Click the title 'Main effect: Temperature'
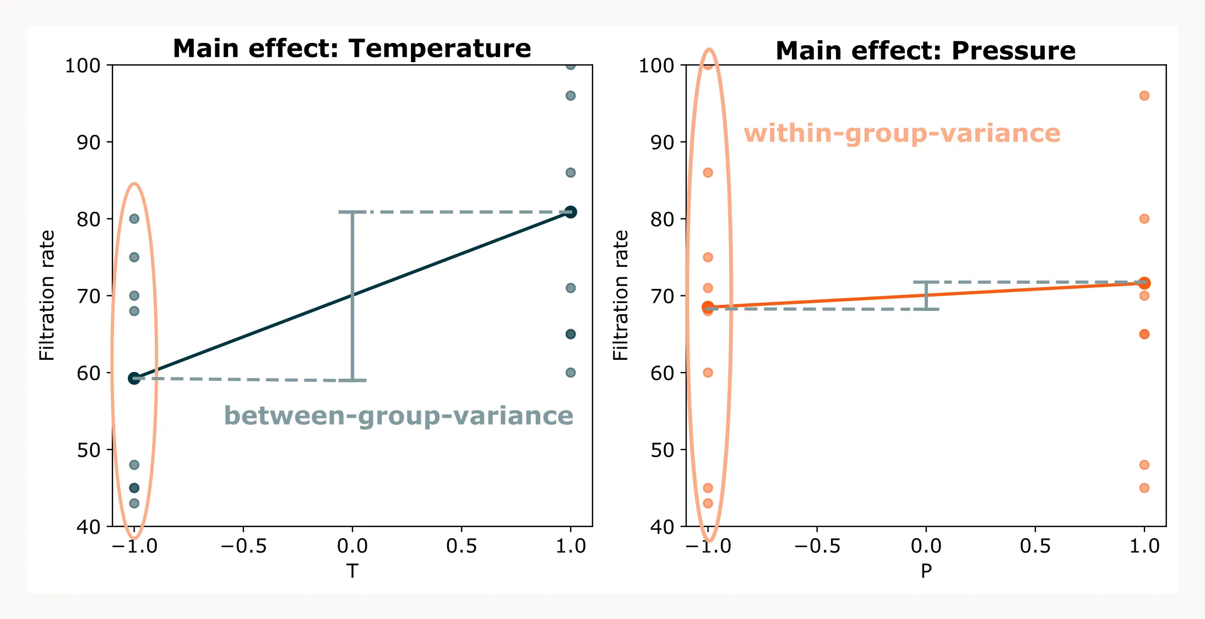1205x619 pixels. (352, 48)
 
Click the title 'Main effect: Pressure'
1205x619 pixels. (925, 51)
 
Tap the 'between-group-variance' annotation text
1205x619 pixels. (398, 415)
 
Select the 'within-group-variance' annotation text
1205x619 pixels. (902, 133)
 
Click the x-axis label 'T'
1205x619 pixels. (352, 571)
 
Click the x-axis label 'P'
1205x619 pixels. (926, 571)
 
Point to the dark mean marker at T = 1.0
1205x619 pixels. (571, 212)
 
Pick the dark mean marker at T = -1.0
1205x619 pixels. (134, 378)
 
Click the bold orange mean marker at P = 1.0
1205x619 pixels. (1144, 283)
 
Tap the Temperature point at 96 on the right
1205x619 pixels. (571, 96)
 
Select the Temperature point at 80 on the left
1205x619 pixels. (134, 218)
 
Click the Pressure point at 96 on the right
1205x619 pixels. (1144, 96)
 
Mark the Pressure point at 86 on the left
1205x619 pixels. (708, 173)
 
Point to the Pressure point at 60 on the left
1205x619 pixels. (708, 373)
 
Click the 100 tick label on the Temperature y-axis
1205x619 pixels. (83, 65)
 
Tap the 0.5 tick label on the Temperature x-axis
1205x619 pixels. (461, 546)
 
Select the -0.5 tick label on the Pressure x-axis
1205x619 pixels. (817, 546)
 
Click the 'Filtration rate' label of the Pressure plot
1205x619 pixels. (620, 295)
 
